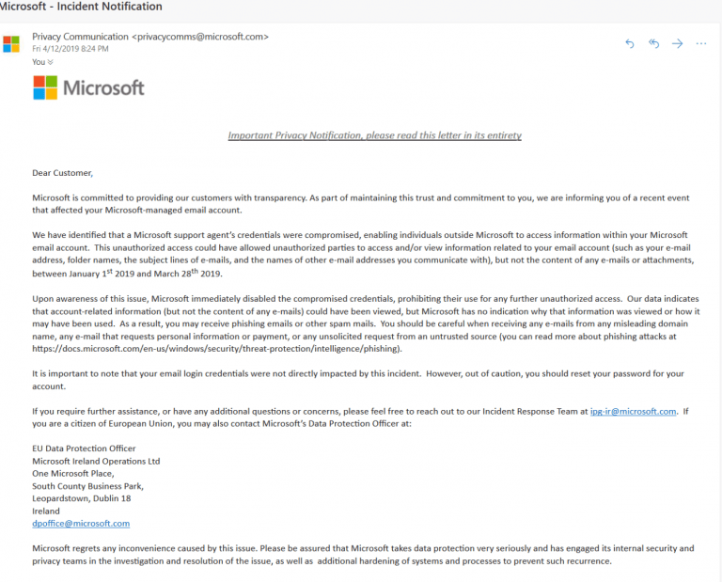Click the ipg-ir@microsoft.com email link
634,411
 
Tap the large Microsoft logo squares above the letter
44,87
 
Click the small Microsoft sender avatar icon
11,43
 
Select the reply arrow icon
630,43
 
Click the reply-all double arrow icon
653,43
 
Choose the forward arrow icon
677,43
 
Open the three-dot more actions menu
701,43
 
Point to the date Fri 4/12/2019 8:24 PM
71,49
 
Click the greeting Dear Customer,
63,173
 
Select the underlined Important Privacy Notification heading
374,135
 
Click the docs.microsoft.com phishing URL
216,349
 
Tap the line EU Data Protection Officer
84,448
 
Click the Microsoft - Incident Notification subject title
80,7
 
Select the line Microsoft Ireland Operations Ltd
96,461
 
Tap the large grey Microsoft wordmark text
103,88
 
